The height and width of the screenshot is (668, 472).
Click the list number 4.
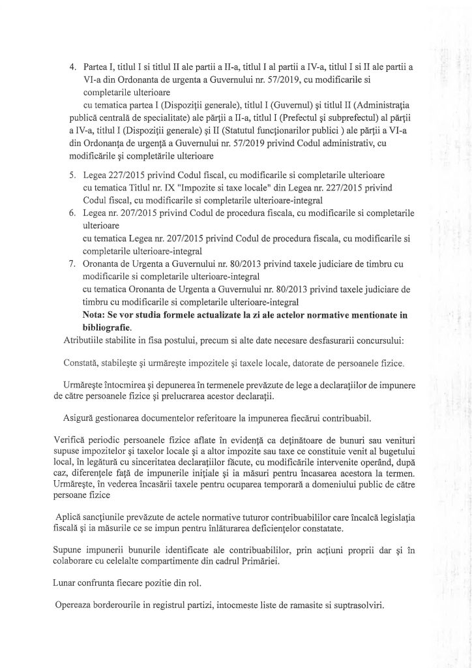click(73, 67)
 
